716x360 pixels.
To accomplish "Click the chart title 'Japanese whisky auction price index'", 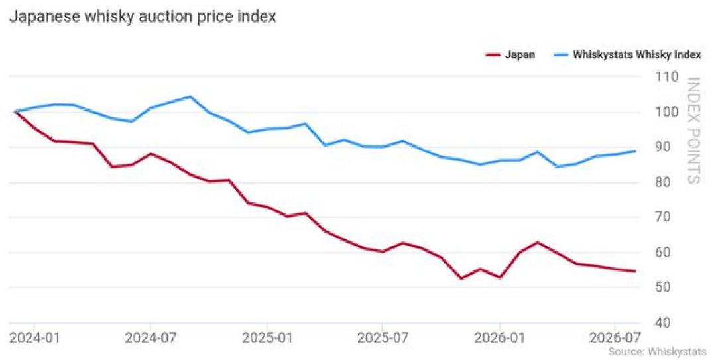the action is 143,17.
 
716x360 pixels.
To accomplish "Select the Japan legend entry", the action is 510,55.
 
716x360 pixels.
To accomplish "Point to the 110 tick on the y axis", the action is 667,76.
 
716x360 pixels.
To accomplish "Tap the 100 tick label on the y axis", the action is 667,112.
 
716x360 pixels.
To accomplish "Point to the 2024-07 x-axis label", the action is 150,339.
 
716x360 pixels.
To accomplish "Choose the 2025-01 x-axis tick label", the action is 267,339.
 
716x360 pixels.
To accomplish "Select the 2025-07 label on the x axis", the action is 383,339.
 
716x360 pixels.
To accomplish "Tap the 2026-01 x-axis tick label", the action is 500,339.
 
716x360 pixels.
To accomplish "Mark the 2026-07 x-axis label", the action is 615,339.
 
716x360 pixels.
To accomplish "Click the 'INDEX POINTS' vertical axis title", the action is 693,131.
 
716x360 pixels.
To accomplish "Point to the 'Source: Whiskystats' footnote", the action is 657,352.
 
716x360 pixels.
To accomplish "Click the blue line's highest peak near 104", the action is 190,97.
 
